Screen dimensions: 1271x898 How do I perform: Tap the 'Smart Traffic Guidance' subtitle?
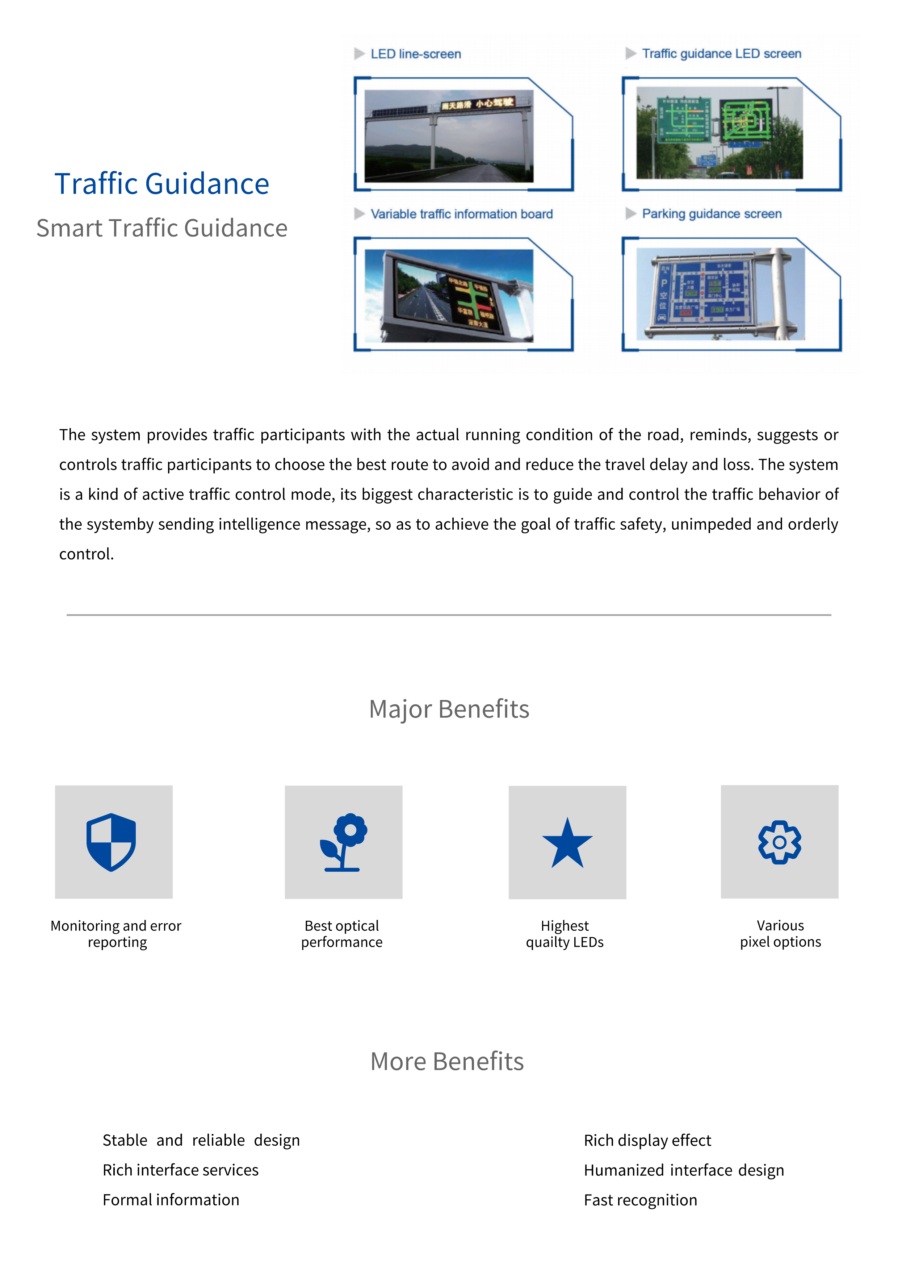tap(161, 228)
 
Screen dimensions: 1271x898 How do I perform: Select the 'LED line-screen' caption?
tap(416, 54)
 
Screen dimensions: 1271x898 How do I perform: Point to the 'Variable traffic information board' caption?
tap(461, 214)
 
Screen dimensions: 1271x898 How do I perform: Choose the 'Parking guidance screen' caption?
tap(712, 214)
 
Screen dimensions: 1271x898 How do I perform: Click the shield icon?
tap(111, 842)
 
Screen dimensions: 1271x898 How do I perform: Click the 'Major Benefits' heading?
tap(449, 709)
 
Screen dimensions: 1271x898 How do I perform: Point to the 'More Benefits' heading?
tap(447, 1062)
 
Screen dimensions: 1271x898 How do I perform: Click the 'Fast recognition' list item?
tap(640, 1200)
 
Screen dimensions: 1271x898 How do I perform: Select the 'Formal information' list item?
tap(171, 1200)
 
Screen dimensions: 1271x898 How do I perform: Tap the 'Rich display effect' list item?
tap(647, 1140)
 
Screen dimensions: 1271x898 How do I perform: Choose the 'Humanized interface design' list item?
tap(684, 1170)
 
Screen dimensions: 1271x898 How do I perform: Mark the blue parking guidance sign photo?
tap(720, 294)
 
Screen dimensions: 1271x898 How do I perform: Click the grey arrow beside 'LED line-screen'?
tap(360, 54)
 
